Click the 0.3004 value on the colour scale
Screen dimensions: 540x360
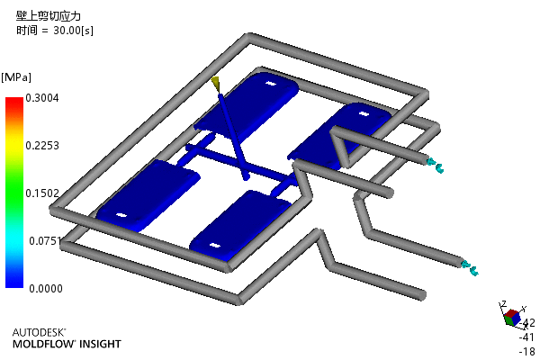pos(42,98)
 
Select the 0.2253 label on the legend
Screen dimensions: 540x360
pos(42,146)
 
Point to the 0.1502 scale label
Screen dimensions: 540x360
pos(42,193)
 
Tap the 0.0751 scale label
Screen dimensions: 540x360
pos(45,241)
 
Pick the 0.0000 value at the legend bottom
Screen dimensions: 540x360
pos(46,288)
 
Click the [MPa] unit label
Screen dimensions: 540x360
pos(16,77)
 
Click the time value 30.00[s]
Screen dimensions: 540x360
pos(74,31)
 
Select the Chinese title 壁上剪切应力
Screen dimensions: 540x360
pos(49,16)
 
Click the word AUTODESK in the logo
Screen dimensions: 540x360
pos(39,332)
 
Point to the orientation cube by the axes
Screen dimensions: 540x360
pos(512,318)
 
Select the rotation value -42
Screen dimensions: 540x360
pos(527,323)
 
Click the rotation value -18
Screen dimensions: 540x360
pos(527,351)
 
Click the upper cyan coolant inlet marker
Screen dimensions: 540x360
pos(435,165)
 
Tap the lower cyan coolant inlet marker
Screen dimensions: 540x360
pos(470,268)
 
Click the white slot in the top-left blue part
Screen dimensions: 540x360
pos(271,84)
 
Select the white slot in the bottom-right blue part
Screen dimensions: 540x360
pos(215,246)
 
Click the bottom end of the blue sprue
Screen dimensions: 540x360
pos(246,177)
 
